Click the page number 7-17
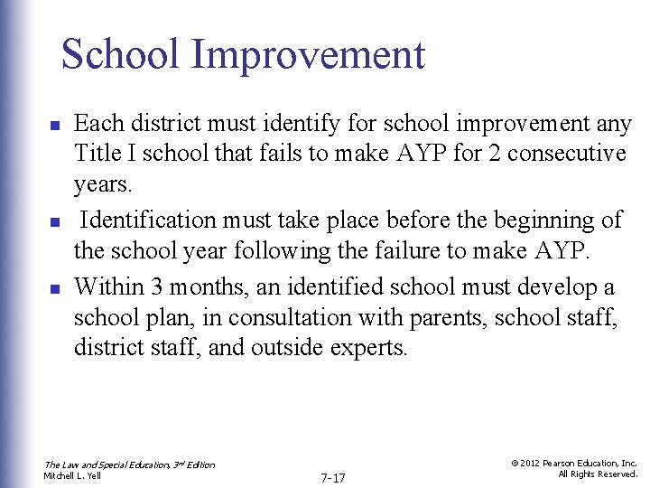(334, 476)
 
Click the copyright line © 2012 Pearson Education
(573, 463)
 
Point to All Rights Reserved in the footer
(597, 474)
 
